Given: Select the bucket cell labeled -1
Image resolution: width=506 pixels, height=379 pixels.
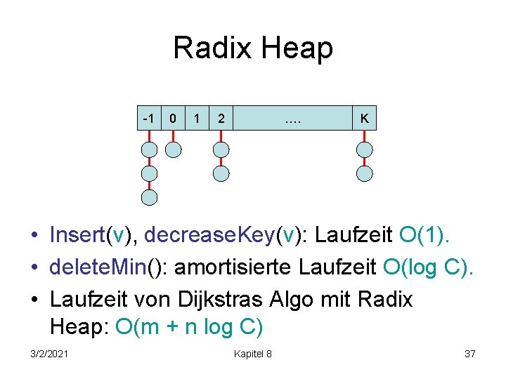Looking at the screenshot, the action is point(149,119).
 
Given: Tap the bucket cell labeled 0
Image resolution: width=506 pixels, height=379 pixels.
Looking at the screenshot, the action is point(174,119).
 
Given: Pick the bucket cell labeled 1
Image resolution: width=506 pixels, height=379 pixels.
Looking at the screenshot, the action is point(197,119).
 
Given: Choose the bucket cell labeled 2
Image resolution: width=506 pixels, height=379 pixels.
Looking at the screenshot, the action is point(221,119).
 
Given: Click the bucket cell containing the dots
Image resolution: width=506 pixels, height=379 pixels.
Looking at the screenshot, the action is point(293,119).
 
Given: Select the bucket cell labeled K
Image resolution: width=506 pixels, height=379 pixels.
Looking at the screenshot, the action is point(364,119).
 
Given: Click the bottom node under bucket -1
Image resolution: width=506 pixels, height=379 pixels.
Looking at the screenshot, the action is point(149,197).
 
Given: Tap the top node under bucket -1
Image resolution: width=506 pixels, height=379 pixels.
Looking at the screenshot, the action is point(149,149).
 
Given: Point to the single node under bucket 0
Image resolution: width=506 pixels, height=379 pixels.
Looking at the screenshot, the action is point(174,149).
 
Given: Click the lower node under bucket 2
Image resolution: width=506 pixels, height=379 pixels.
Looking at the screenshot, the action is point(221,173).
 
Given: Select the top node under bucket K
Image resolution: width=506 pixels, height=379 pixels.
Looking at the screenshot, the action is point(364,149).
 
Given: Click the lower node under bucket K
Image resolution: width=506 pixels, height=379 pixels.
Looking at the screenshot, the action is point(364,173).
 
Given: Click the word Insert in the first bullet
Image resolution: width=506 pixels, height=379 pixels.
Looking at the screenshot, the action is point(77,235).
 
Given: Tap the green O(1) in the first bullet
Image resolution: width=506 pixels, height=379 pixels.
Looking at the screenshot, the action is point(424,235).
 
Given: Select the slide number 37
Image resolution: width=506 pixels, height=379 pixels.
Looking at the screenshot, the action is point(470,354).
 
